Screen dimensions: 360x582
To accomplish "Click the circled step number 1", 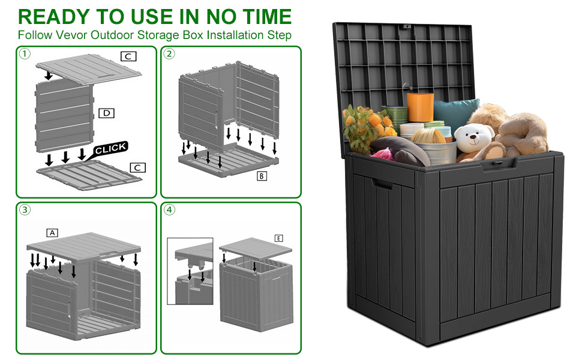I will [25, 54].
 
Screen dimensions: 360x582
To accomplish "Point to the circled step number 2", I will [170, 54].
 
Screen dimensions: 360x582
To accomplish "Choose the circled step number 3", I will [25, 210].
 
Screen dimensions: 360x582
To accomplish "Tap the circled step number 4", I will [170, 210].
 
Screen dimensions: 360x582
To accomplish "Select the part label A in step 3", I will [52, 232].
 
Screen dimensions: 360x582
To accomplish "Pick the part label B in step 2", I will [262, 176].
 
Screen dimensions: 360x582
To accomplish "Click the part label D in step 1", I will [106, 113].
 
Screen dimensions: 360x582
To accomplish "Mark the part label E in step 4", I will [279, 238].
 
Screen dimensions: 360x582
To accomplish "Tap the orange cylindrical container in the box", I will [419, 108].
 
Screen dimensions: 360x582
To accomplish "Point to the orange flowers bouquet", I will [367, 126].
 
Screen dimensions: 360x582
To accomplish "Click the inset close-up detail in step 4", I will [190, 270].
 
